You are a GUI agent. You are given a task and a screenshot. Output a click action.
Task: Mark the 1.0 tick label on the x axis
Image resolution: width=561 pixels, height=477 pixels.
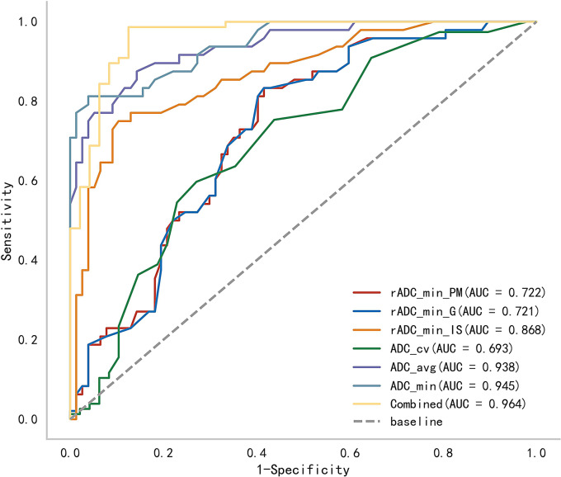(x=537, y=452)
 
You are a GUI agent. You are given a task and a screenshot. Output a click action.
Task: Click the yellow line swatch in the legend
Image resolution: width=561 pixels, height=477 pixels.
(x=368, y=404)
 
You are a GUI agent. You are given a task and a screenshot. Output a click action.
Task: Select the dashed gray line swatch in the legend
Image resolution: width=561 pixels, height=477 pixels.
(x=368, y=422)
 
